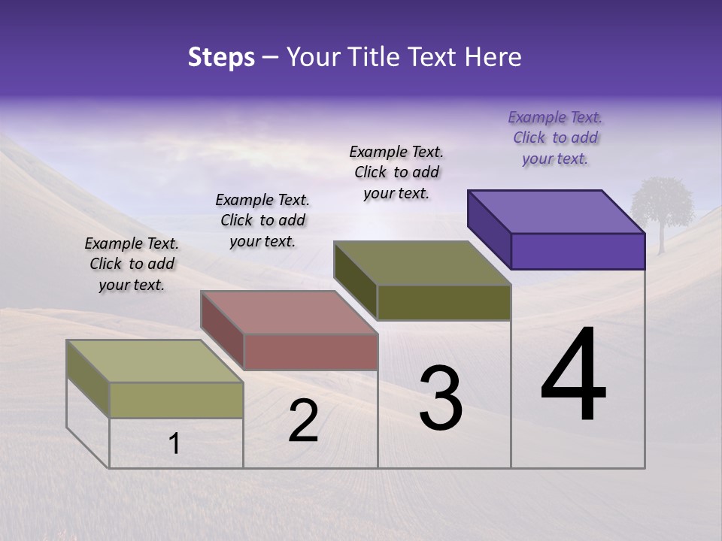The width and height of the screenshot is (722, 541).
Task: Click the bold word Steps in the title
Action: click(x=221, y=57)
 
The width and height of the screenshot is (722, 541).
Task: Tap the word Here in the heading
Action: click(x=492, y=57)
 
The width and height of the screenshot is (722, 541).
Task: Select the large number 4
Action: click(x=573, y=376)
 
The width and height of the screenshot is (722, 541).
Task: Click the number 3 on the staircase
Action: click(x=440, y=398)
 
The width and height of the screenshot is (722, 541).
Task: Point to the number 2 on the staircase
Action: click(x=303, y=421)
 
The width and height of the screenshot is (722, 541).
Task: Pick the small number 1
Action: click(x=174, y=444)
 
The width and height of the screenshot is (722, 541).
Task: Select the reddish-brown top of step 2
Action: click(x=289, y=313)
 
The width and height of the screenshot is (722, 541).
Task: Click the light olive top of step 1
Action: click(x=155, y=361)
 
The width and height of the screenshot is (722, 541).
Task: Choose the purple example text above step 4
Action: click(x=555, y=138)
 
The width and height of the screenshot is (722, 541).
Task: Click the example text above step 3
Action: click(x=396, y=172)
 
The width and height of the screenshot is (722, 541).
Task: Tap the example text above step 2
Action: click(x=262, y=220)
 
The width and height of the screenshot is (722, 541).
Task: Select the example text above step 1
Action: click(x=132, y=264)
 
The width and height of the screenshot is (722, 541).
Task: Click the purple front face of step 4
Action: click(x=578, y=251)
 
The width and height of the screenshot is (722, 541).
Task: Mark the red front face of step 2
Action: click(x=311, y=352)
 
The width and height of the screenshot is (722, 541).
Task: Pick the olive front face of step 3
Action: click(x=444, y=302)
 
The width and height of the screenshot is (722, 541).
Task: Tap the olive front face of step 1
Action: click(x=176, y=400)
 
